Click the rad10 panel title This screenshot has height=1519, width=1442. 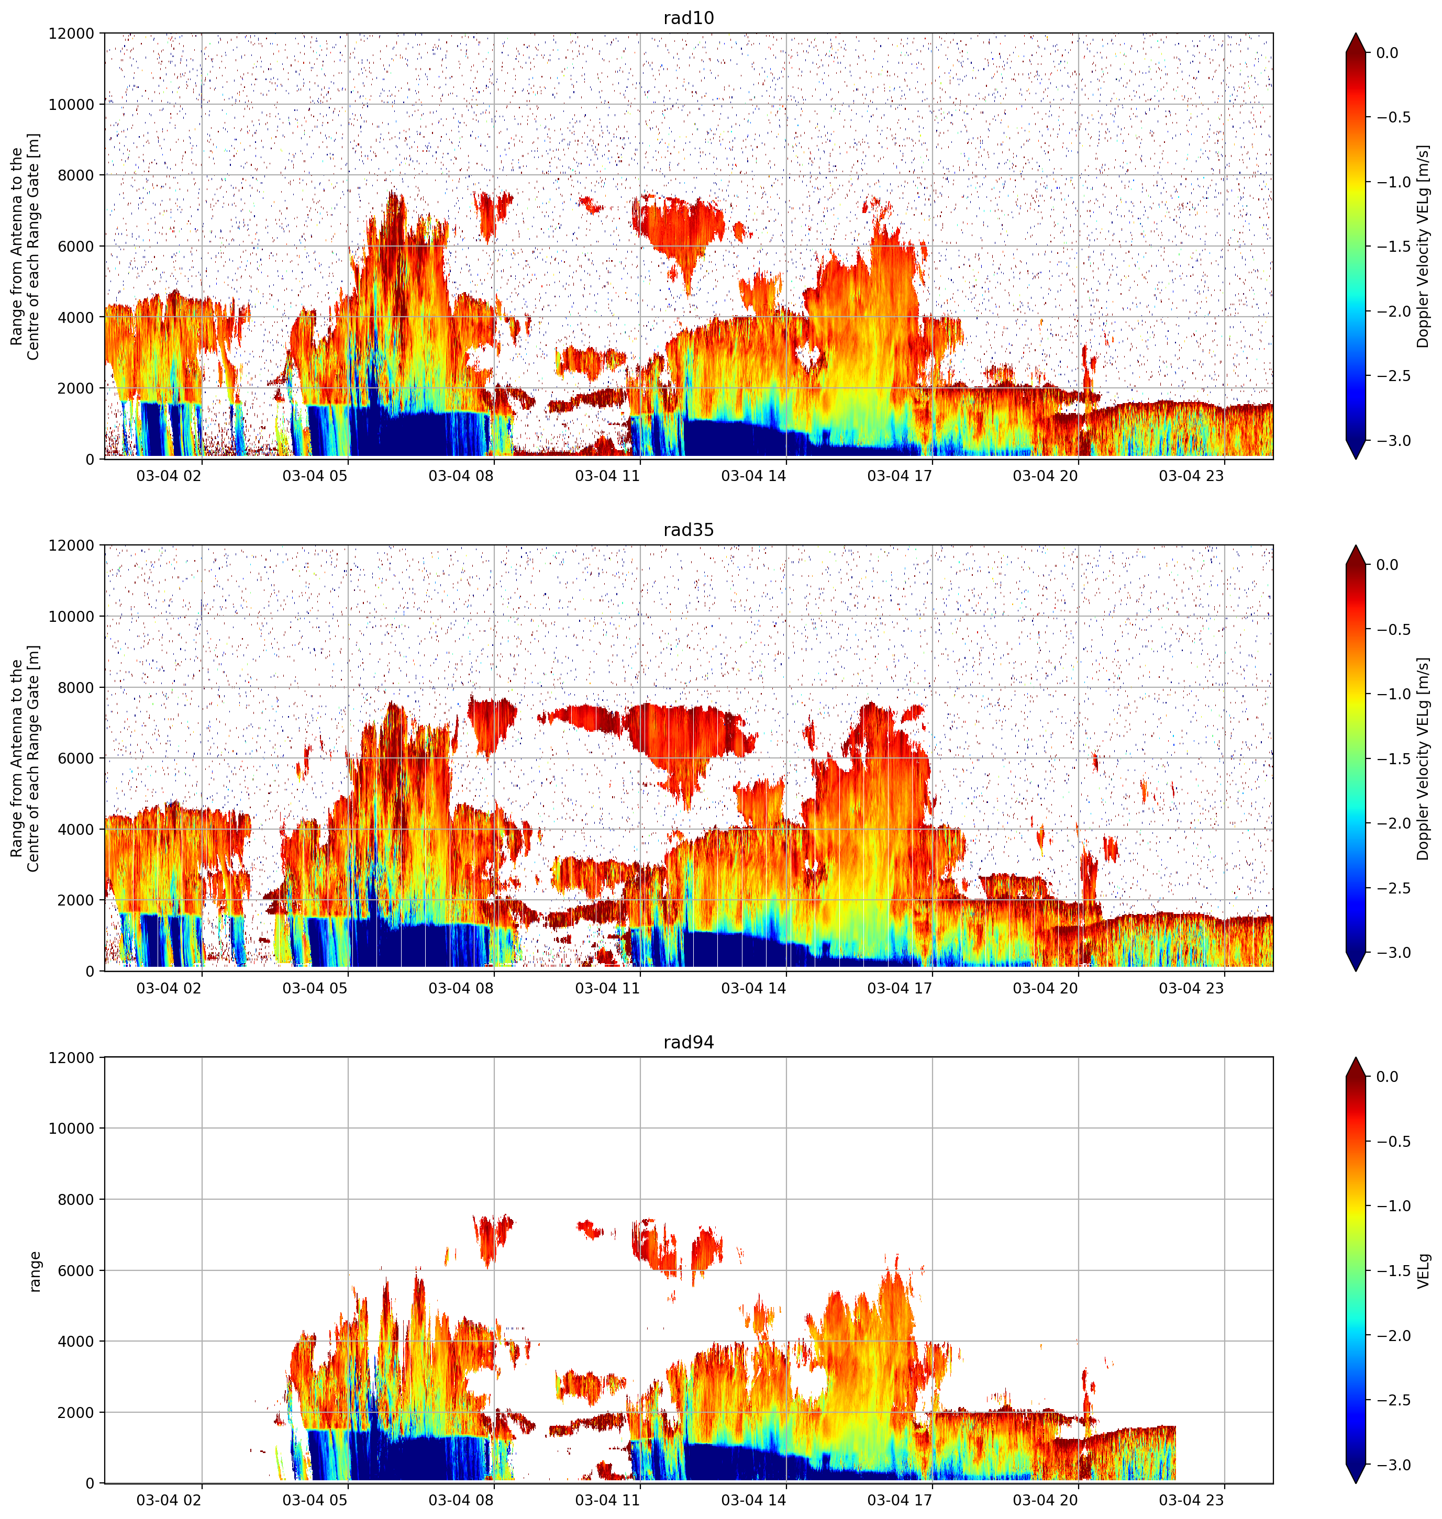click(688, 18)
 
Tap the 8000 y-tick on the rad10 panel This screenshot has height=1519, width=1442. click(76, 175)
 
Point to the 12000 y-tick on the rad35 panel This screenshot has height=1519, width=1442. click(72, 545)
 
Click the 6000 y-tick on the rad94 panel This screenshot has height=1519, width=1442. click(76, 1271)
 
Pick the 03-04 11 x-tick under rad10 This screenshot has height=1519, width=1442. click(607, 476)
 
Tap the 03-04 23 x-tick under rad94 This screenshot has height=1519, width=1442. click(1191, 1500)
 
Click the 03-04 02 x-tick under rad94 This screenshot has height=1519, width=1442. click(169, 1500)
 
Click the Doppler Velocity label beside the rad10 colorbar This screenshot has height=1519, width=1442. click(1424, 246)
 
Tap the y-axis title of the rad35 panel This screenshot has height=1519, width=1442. click(25, 758)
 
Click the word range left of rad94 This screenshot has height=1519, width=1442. click(35, 1271)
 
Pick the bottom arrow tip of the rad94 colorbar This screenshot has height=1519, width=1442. click(1356, 1483)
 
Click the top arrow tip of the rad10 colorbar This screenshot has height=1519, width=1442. click(1356, 33)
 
